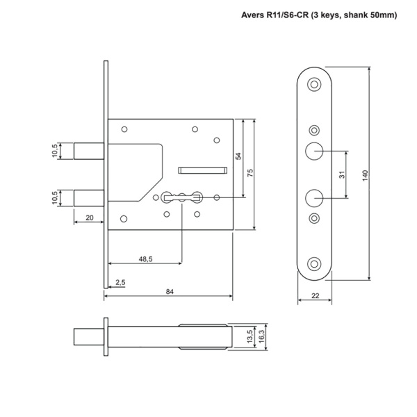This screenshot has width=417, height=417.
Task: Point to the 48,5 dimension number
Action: [x=146, y=259]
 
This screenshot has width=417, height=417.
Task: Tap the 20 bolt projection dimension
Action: [x=89, y=218]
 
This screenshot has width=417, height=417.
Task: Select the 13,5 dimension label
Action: [x=250, y=337]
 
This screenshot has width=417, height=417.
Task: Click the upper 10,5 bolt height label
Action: [x=56, y=151]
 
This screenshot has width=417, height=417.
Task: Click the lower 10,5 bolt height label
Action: [x=56, y=197]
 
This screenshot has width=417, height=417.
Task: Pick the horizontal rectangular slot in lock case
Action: [x=203, y=168]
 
